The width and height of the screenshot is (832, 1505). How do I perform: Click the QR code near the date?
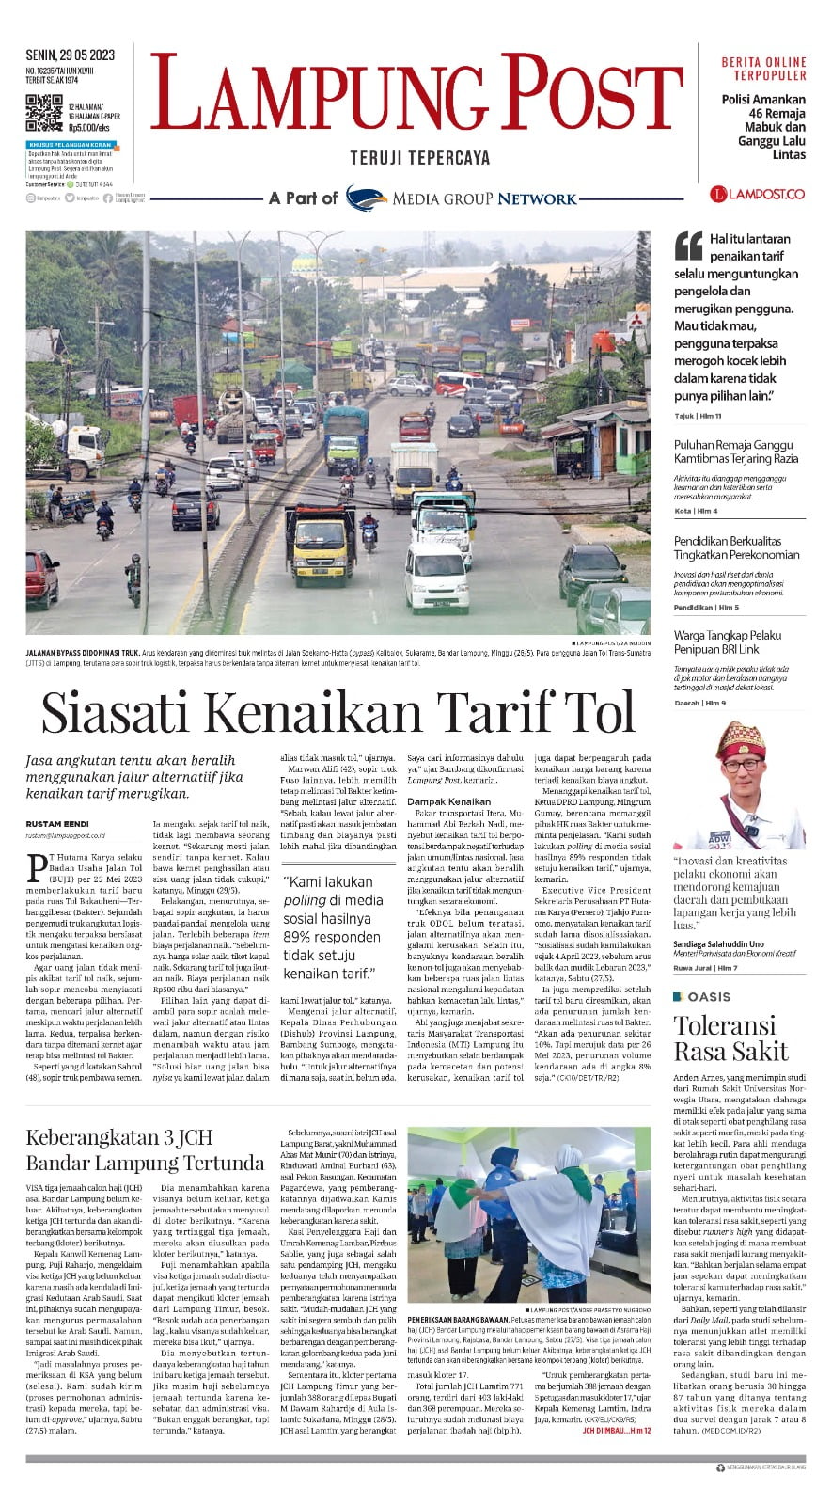tap(43, 112)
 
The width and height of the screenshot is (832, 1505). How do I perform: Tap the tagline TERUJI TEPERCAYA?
tap(419, 158)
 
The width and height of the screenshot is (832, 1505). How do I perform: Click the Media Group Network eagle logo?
tap(366, 198)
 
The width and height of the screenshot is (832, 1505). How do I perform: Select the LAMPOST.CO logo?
tap(757, 194)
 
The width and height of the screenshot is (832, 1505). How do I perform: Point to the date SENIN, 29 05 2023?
tap(71, 55)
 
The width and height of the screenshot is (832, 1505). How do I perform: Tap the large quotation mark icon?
tap(688, 246)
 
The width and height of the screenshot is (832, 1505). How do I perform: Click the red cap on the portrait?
tap(741, 740)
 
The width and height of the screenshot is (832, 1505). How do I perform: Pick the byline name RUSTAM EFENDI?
tap(57, 824)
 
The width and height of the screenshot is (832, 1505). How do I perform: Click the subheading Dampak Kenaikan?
tap(448, 801)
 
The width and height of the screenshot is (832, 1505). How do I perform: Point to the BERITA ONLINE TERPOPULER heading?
tap(763, 69)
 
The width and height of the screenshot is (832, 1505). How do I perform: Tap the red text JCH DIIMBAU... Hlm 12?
tap(616, 1431)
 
